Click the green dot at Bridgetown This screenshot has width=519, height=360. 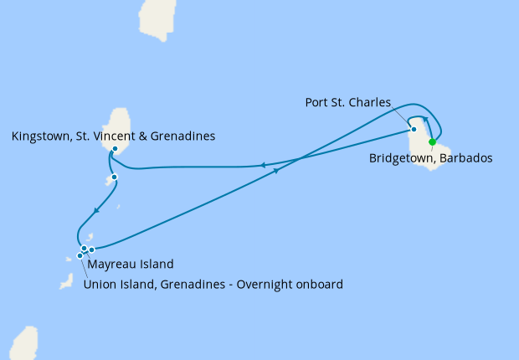pyautogui.click(x=432, y=141)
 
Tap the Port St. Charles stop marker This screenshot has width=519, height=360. pyautogui.click(x=414, y=129)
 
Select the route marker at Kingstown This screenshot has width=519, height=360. pyautogui.click(x=115, y=149)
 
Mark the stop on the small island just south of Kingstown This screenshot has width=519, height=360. pyautogui.click(x=114, y=177)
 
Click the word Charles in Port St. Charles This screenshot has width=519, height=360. pyautogui.click(x=371, y=102)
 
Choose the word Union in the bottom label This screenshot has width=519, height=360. pyautogui.click(x=100, y=284)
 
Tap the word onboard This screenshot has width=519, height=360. pyautogui.click(x=320, y=284)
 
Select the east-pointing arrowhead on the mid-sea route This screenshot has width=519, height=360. pyautogui.click(x=275, y=169)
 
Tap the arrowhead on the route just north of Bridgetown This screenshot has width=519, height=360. pyautogui.click(x=425, y=120)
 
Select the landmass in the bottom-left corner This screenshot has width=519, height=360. pyautogui.click(x=23, y=343)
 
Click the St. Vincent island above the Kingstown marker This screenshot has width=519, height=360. pyautogui.click(x=123, y=126)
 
